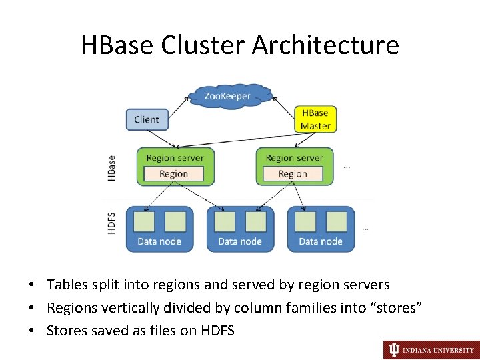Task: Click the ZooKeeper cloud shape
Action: [x=228, y=96]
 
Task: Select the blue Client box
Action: [x=147, y=119]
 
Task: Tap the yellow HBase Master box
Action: [x=315, y=119]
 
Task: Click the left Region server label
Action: [x=175, y=158]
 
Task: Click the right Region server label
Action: [x=294, y=158]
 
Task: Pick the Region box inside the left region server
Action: [x=173, y=174]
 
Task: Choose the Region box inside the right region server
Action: [x=293, y=174]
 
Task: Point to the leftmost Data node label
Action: [x=159, y=241]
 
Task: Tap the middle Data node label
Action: [x=240, y=241]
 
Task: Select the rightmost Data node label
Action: [x=321, y=241]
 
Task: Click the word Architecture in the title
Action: [x=325, y=45]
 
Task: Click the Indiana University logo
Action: [x=429, y=349]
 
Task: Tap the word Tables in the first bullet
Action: [x=67, y=285]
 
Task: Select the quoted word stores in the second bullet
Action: [x=398, y=307]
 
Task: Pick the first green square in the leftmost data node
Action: [x=144, y=221]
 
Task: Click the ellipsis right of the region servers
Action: [x=347, y=167]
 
